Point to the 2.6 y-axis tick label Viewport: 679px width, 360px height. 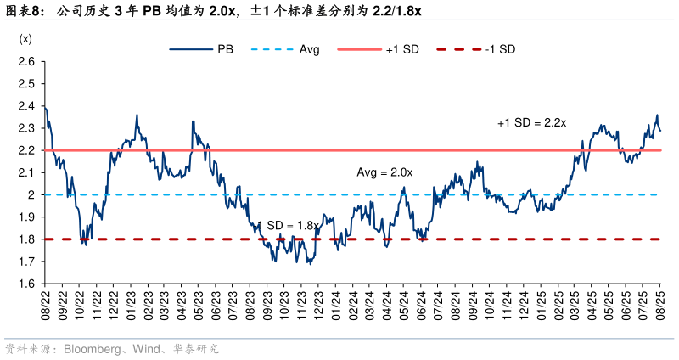25,62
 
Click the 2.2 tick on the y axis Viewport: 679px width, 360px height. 25,150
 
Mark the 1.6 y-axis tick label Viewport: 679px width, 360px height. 25,284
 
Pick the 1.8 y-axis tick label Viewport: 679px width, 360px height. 25,239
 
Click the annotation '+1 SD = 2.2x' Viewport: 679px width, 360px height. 532,123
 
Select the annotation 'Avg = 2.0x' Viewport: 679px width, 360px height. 384,172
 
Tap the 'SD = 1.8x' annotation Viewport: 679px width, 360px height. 293,225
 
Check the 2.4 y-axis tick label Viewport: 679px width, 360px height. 25,106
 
